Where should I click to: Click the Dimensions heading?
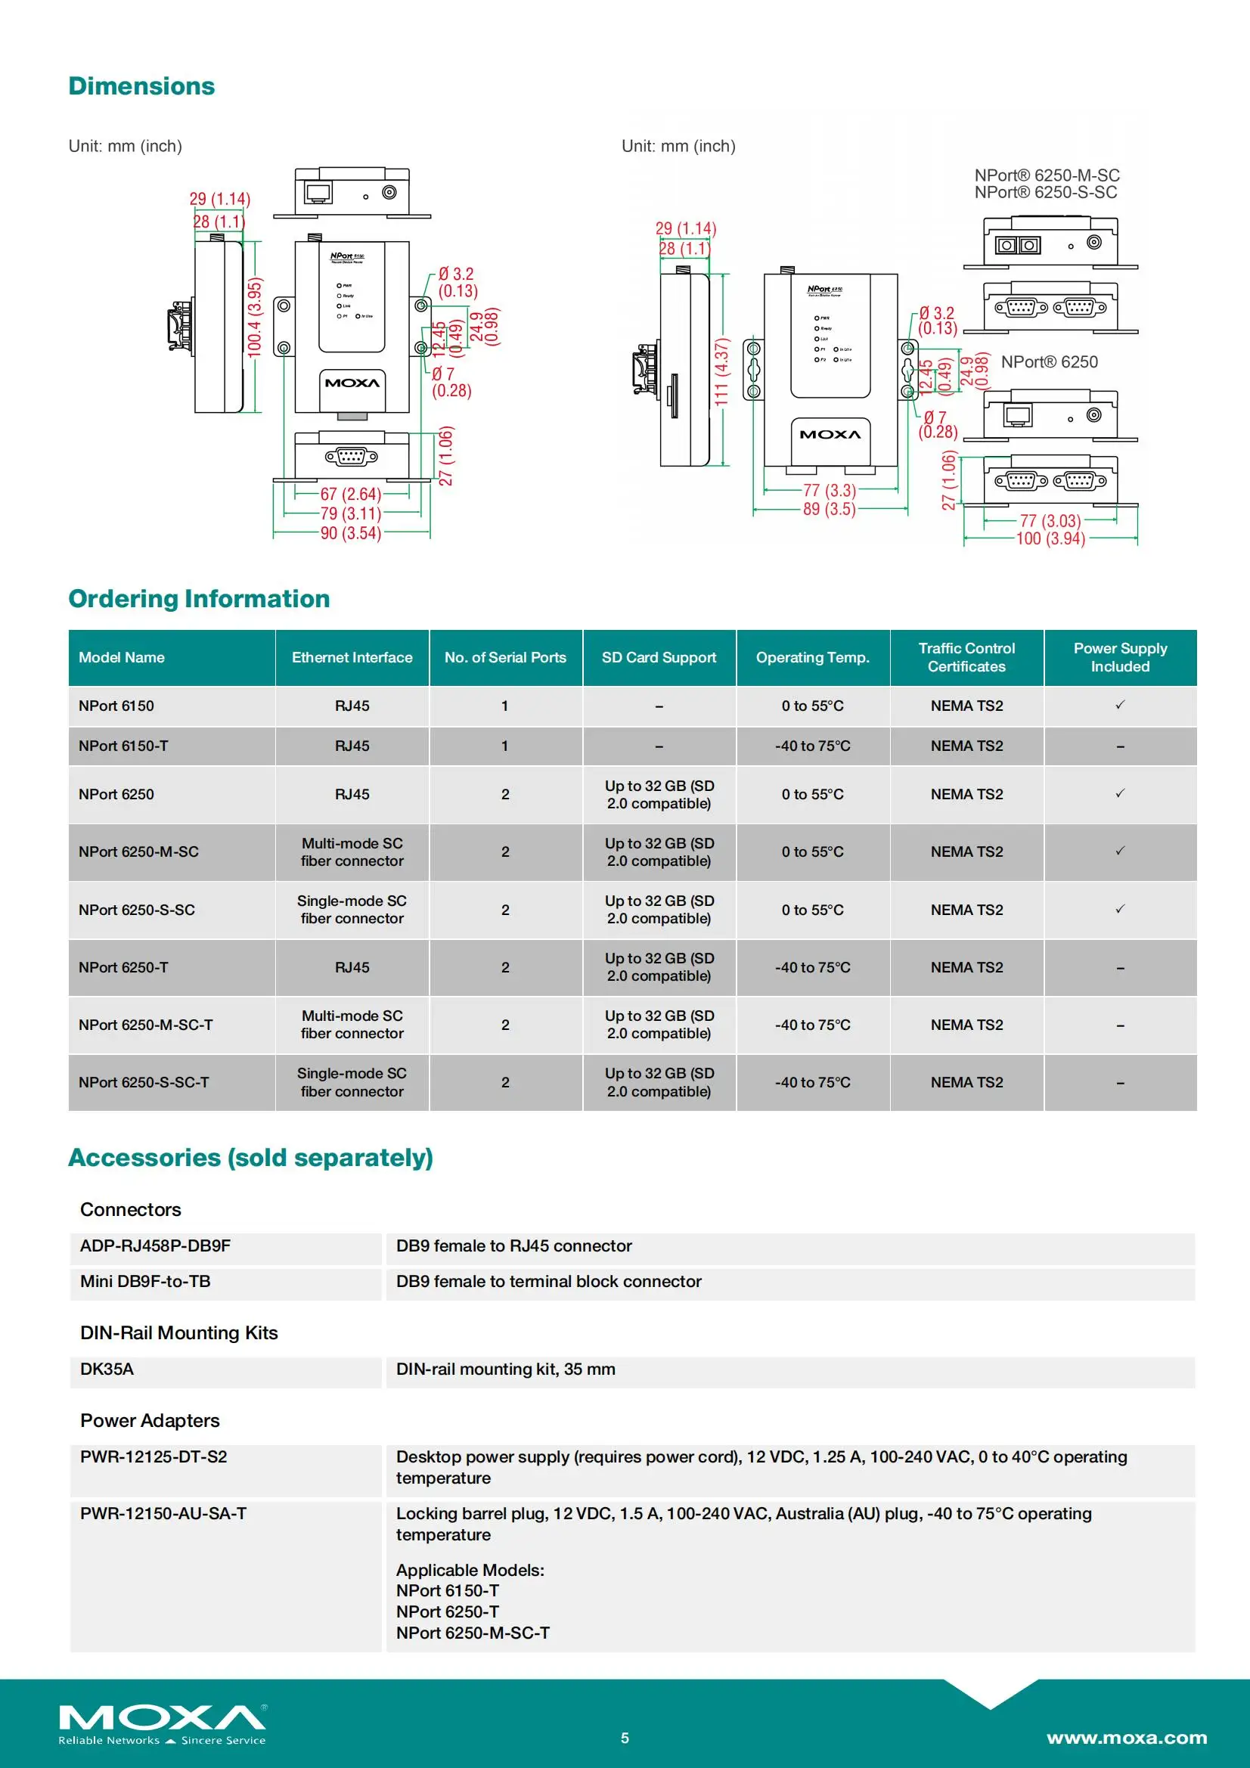click(141, 86)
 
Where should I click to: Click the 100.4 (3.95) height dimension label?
click(254, 317)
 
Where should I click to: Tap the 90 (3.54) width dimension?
click(350, 533)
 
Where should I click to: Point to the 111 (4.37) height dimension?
click(721, 372)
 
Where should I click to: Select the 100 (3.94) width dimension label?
click(1050, 538)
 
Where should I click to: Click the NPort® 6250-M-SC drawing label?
click(1046, 175)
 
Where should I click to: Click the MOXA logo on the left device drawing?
click(352, 383)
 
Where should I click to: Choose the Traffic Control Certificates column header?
click(966, 657)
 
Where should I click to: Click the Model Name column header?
click(122, 657)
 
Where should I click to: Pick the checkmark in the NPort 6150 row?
click(1120, 705)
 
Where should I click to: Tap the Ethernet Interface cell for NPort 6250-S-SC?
click(352, 910)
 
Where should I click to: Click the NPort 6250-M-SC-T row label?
click(145, 1024)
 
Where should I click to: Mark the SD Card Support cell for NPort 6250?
click(659, 794)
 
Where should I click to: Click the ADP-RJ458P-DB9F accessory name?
click(156, 1245)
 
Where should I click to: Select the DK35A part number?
click(107, 1369)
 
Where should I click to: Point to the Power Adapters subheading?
click(150, 1420)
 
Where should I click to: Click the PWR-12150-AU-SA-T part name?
click(163, 1513)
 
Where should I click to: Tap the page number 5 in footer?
click(625, 1738)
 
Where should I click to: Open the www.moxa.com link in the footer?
click(1126, 1738)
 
